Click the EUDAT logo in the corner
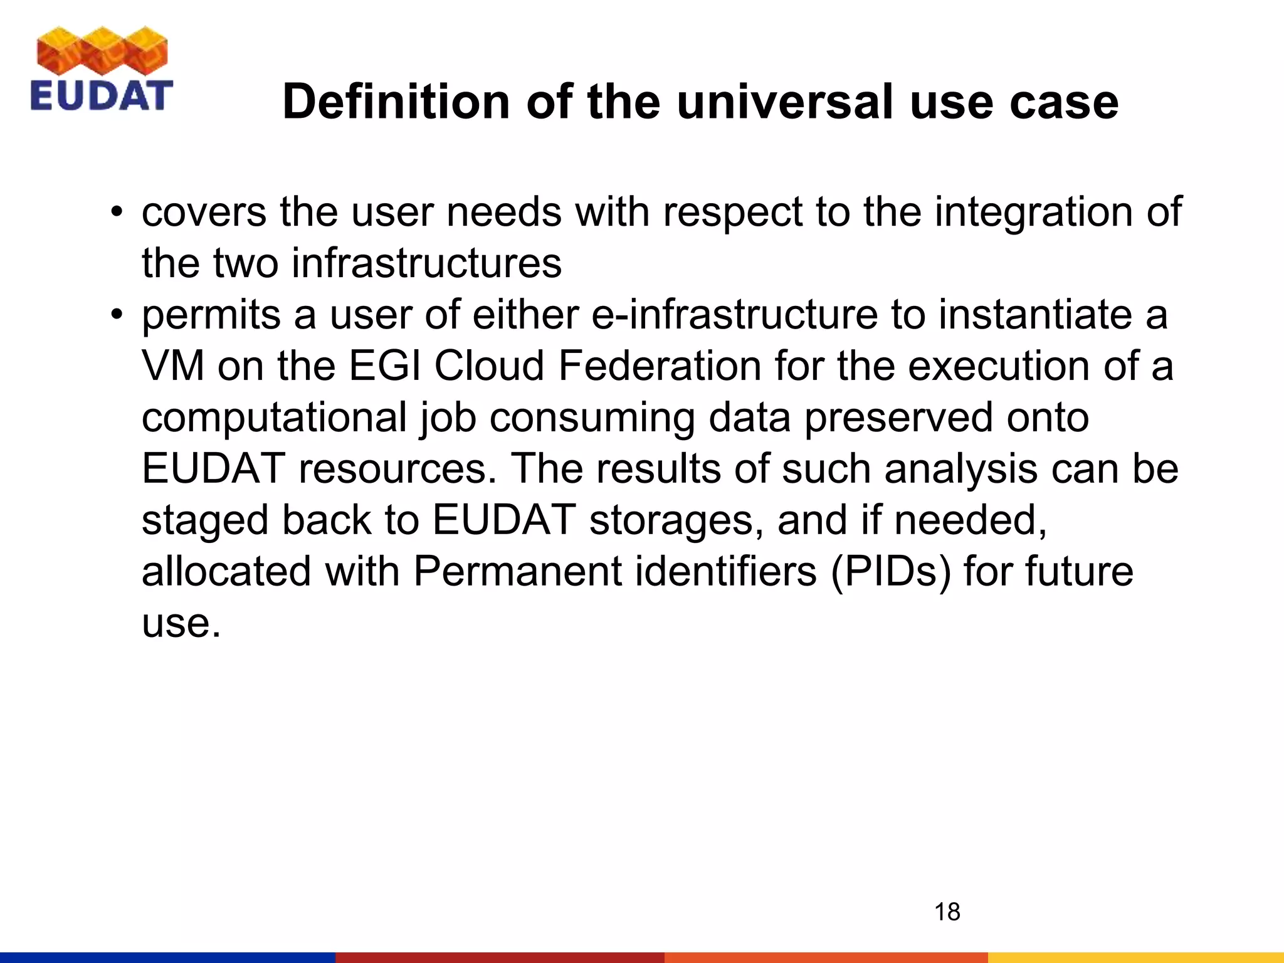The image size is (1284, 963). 101,70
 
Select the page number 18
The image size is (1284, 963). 947,912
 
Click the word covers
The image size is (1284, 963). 204,212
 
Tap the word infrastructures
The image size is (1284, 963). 426,263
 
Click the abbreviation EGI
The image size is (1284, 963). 384,366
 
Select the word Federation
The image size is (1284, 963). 659,366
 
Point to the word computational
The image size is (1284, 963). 274,418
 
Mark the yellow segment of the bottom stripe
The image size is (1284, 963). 1135,957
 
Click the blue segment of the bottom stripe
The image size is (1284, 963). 167,957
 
